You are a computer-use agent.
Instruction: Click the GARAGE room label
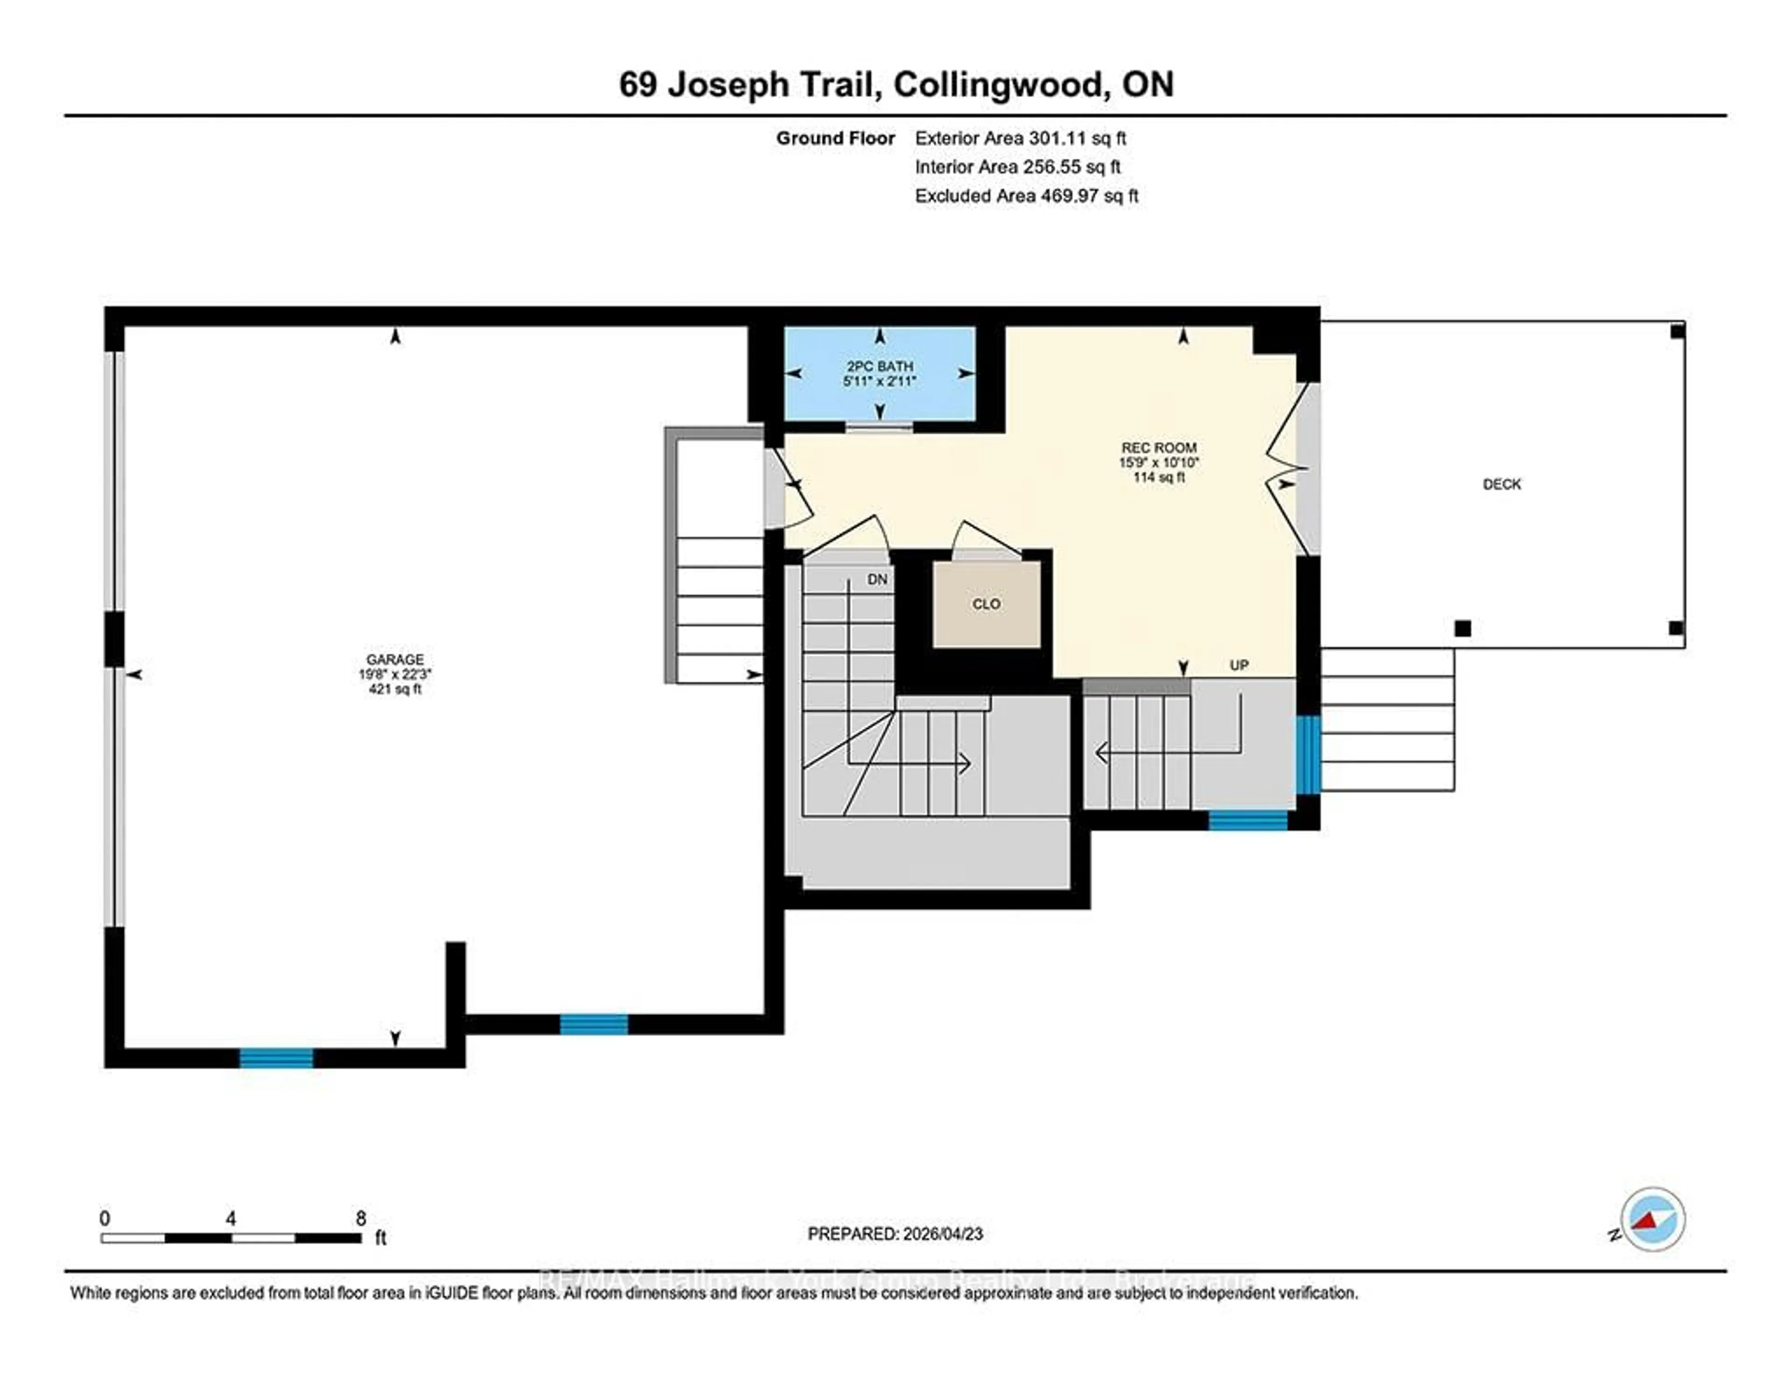coord(395,659)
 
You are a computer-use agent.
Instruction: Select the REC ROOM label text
coord(1158,448)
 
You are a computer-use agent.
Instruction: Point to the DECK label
coord(1501,484)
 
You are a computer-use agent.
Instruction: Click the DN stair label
coord(877,580)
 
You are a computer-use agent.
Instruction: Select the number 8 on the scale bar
coord(361,1218)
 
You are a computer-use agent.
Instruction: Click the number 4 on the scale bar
coord(231,1218)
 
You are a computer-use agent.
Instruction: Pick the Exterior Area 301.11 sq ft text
coord(1020,138)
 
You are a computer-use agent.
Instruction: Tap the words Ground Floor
coord(835,138)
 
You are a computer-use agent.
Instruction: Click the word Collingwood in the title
coord(998,84)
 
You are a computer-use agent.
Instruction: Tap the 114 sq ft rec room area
coord(1158,477)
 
